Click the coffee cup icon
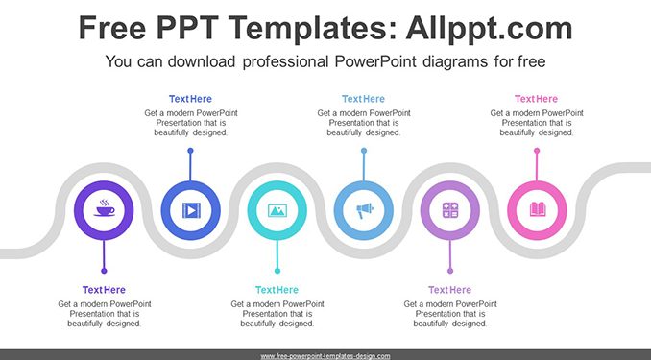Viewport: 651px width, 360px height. [x=105, y=208]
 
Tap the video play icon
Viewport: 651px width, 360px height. [x=191, y=210]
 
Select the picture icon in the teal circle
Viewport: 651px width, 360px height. [x=277, y=210]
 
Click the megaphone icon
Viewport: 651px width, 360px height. [x=365, y=210]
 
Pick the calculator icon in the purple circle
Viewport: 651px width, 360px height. [x=450, y=210]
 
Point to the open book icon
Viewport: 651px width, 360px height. [x=538, y=209]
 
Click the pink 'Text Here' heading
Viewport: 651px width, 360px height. [x=537, y=99]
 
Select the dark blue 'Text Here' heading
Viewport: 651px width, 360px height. [x=190, y=99]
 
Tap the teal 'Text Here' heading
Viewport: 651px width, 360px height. [x=277, y=290]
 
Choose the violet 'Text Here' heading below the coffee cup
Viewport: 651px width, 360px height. [x=104, y=290]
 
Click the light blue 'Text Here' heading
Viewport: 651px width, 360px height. [x=363, y=99]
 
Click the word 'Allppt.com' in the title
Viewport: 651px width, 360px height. [x=489, y=28]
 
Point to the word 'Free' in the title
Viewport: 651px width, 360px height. [x=112, y=28]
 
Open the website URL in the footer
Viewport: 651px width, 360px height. [x=325, y=356]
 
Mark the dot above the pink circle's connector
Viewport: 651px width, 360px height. [x=537, y=151]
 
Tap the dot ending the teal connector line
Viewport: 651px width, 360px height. [x=277, y=271]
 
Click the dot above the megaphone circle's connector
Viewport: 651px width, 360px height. [x=364, y=151]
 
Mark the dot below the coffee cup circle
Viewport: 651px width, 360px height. [x=104, y=271]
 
